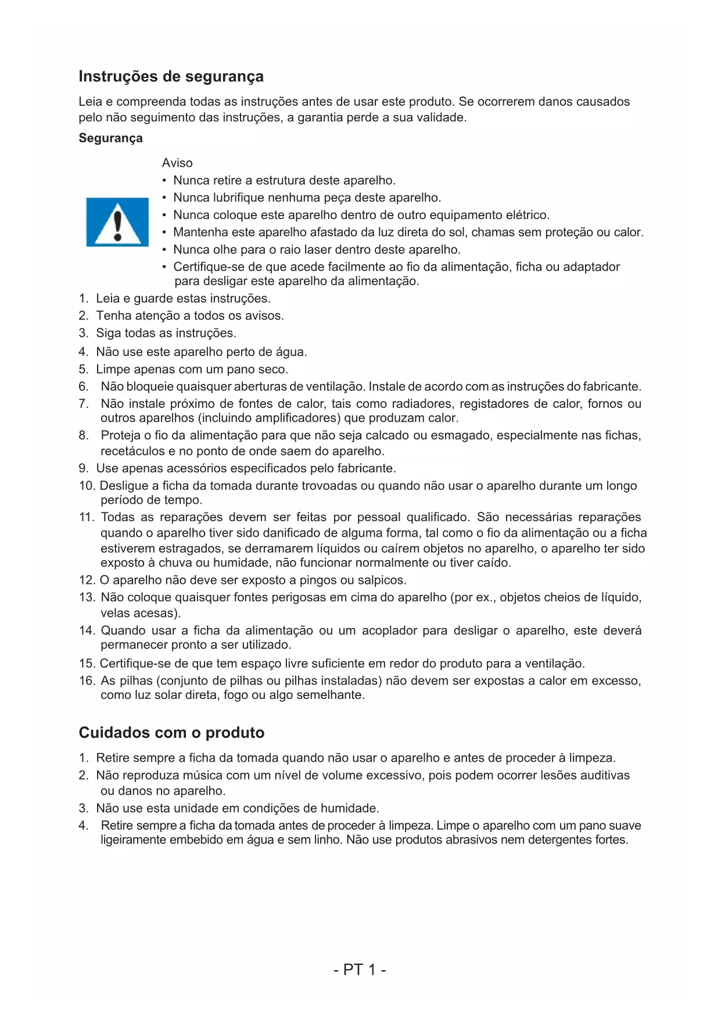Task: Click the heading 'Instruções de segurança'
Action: [x=171, y=77]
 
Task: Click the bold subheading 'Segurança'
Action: [x=110, y=138]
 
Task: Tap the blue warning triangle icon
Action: [x=117, y=222]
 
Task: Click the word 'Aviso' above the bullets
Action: [x=177, y=163]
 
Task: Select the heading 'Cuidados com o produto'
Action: [x=171, y=733]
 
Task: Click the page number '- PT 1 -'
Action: [x=360, y=970]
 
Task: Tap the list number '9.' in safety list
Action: [x=84, y=468]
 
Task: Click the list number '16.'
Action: [x=87, y=681]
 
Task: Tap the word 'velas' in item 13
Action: [x=115, y=613]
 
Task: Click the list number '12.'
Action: [x=87, y=580]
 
